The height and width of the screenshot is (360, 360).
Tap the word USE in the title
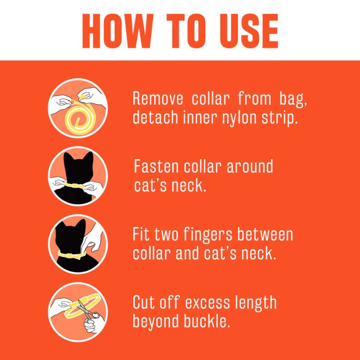249,31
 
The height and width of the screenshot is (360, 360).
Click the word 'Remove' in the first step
158,99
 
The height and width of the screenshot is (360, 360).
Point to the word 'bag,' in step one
293,100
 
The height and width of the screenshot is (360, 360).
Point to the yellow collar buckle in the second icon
75,186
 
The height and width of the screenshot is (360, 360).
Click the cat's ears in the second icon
78,157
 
